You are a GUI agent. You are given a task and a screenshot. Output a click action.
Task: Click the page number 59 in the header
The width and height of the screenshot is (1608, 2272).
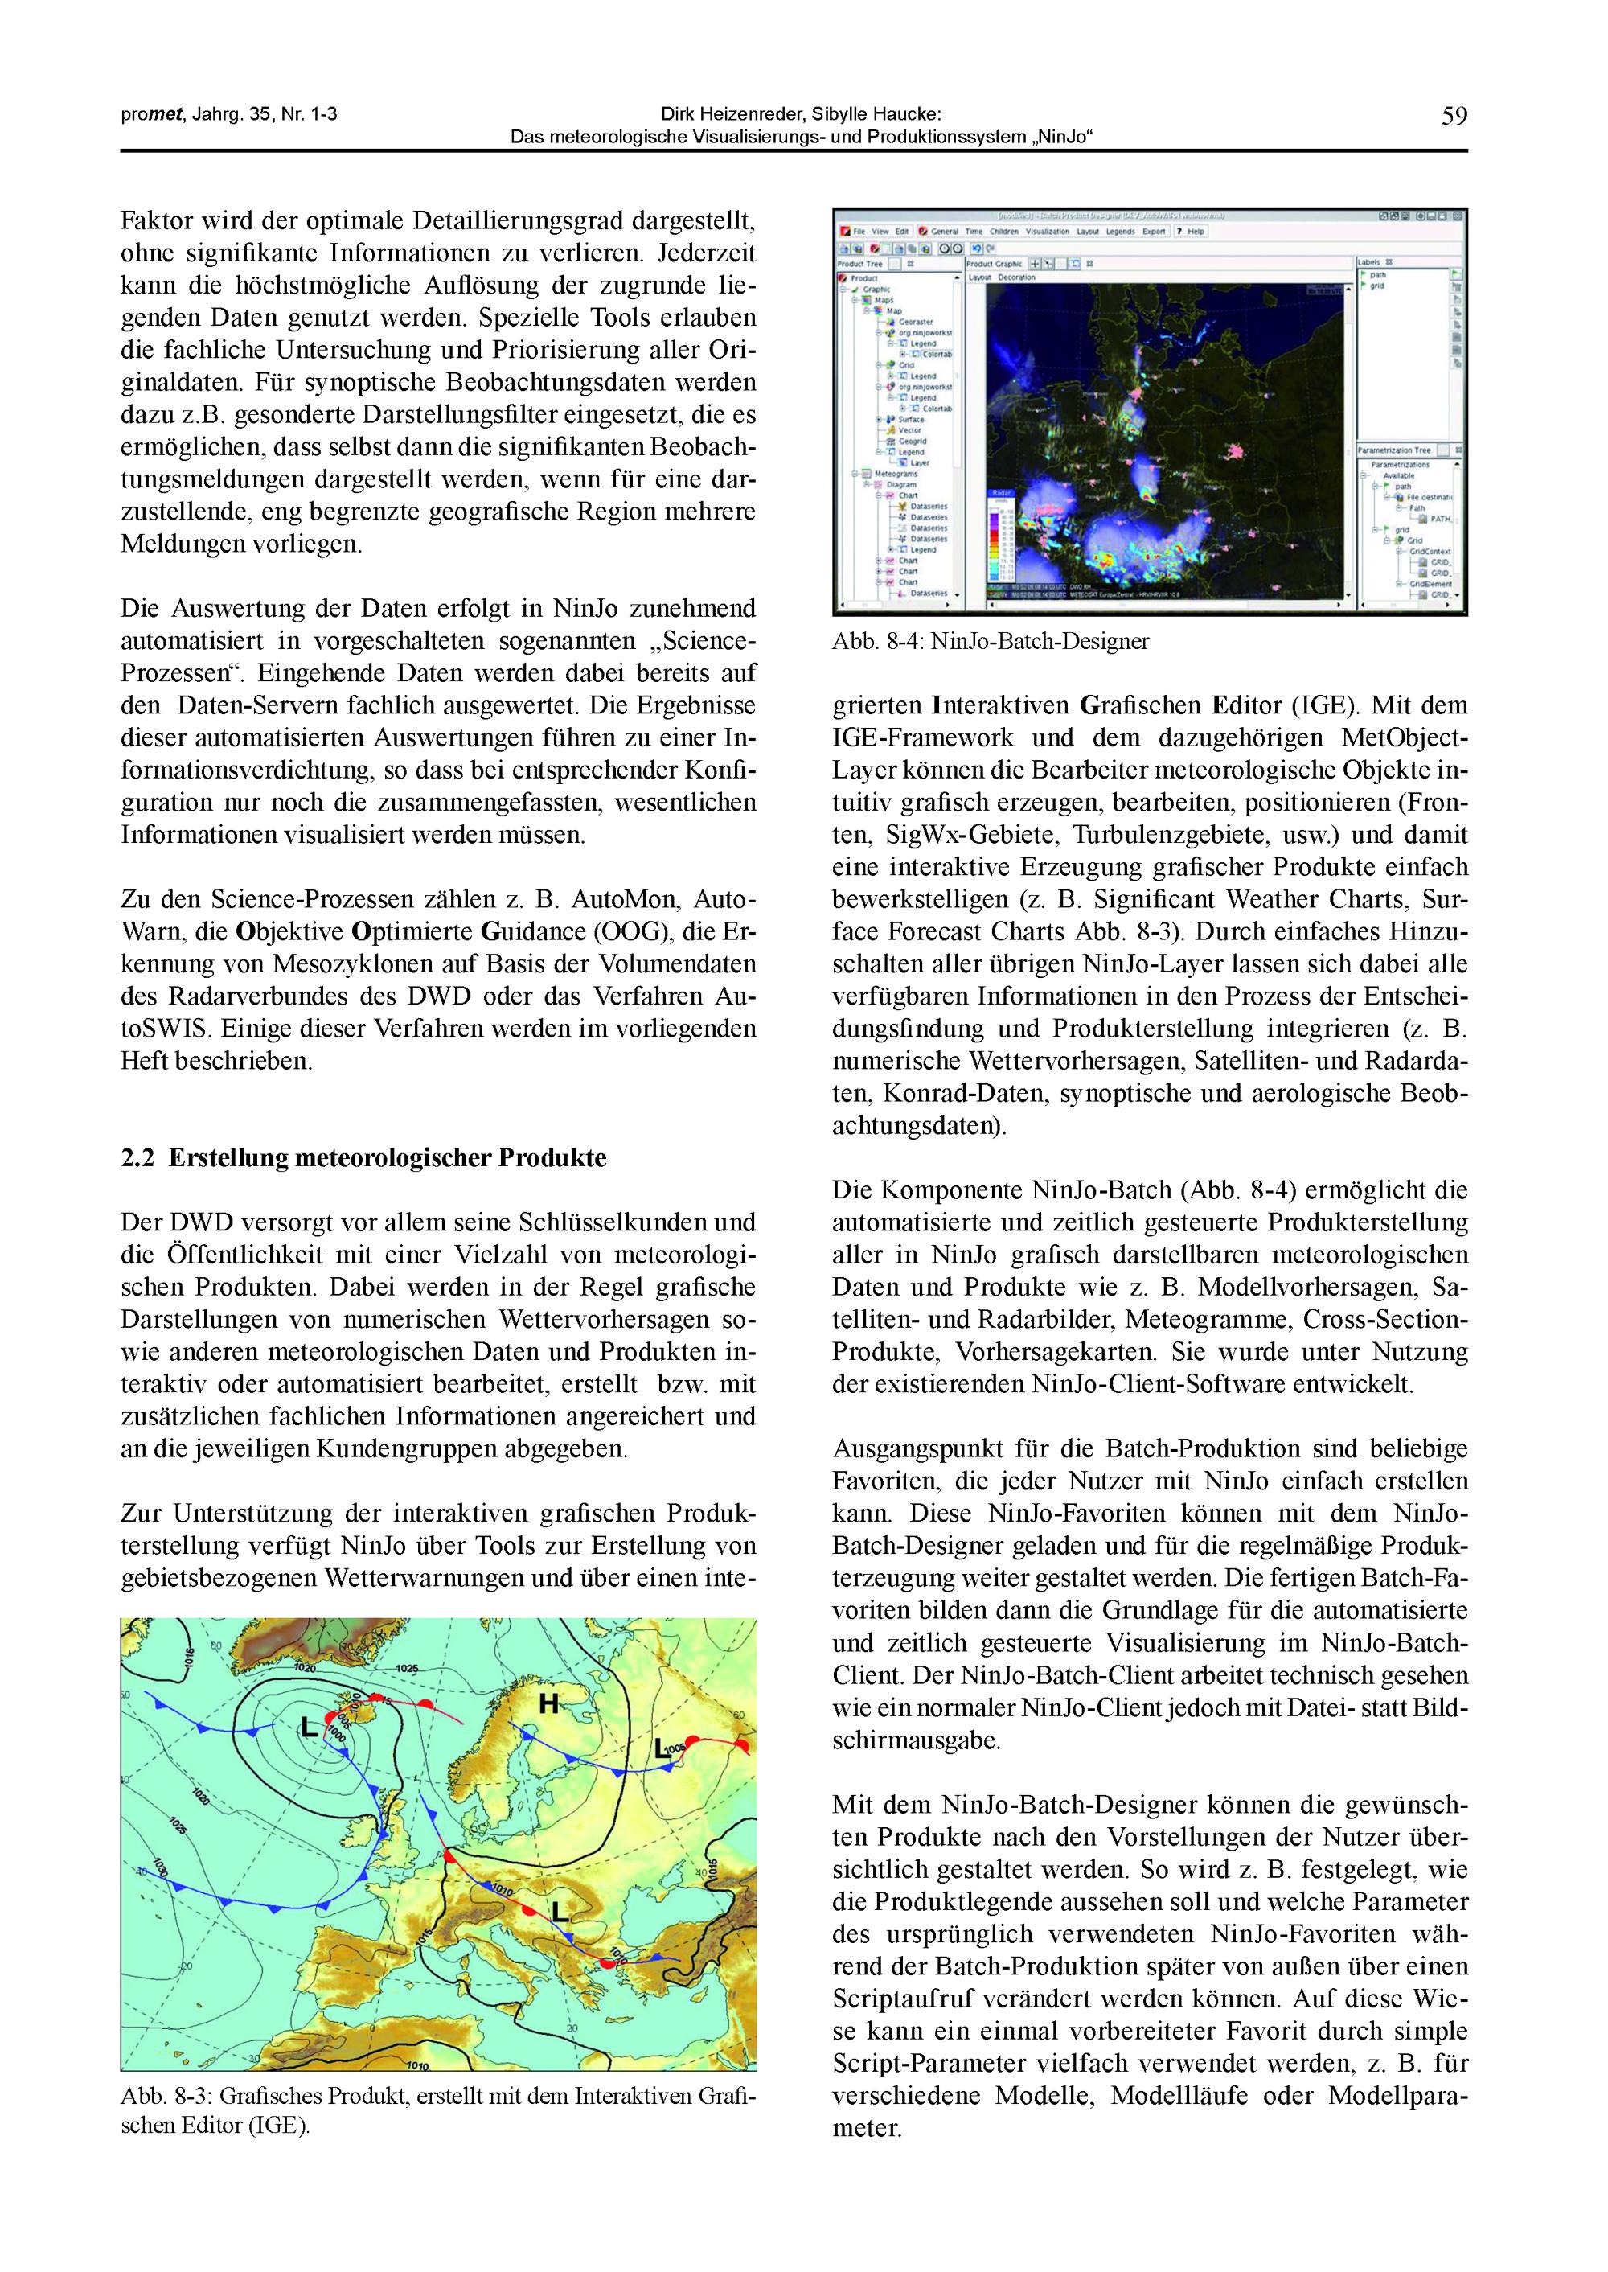pyautogui.click(x=1454, y=117)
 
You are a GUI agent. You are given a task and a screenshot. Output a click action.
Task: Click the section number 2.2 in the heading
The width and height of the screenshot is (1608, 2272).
pyautogui.click(x=137, y=1158)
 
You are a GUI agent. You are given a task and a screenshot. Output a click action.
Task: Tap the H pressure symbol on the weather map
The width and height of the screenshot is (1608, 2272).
pyautogui.click(x=548, y=1703)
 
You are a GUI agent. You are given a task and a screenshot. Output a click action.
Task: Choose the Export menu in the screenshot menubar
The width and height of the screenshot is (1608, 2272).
pyautogui.click(x=1154, y=232)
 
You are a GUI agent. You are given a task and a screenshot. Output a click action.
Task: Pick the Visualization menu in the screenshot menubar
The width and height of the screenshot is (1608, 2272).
pyautogui.click(x=1047, y=232)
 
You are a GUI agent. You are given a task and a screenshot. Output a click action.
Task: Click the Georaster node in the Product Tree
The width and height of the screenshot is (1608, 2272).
pyautogui.click(x=916, y=322)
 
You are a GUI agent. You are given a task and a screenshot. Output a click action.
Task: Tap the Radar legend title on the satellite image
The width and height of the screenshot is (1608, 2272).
pyautogui.click(x=1000, y=491)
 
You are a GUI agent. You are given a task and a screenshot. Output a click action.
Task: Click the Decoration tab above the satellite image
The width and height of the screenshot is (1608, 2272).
pyautogui.click(x=1017, y=277)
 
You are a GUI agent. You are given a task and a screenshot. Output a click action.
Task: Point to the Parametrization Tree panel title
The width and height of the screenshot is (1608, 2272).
pyautogui.click(x=1394, y=450)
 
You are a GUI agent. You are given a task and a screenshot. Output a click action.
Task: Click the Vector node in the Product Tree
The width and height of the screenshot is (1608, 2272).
pyautogui.click(x=910, y=429)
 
